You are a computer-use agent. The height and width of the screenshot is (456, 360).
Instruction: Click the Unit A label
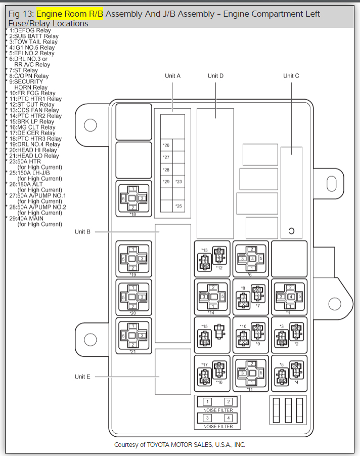click(x=172, y=76)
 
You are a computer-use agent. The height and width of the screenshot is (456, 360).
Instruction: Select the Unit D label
click(x=215, y=76)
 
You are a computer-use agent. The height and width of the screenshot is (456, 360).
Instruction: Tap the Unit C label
click(x=291, y=76)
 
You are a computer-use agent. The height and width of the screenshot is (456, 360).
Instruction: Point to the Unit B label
click(x=82, y=232)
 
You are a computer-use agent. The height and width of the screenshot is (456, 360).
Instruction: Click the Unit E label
click(x=82, y=377)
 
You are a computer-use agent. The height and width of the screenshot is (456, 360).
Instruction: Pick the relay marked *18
click(x=132, y=198)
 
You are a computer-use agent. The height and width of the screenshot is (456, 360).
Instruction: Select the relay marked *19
click(x=132, y=259)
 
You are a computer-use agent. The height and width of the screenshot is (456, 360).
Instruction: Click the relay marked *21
click(x=132, y=335)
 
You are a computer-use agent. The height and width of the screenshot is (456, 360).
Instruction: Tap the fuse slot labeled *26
click(x=166, y=145)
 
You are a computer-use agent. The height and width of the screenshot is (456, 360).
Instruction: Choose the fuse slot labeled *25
click(x=178, y=206)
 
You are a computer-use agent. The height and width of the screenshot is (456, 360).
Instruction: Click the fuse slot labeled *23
click(x=178, y=182)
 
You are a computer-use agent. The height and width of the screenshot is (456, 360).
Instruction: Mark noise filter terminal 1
click(x=207, y=402)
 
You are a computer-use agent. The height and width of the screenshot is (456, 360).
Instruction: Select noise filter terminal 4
click(x=229, y=418)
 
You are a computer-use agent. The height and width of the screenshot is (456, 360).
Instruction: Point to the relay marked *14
click(x=213, y=297)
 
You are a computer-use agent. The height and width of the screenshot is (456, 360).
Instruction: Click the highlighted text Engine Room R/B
click(x=70, y=14)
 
